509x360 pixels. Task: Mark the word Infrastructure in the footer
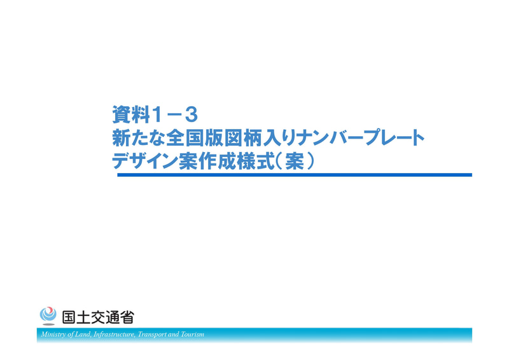[113, 335]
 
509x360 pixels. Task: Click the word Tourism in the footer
[192, 335]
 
